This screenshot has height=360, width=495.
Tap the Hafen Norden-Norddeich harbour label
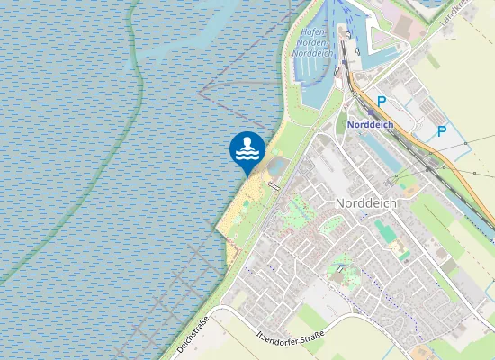(311, 42)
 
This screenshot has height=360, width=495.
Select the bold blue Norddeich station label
(370, 125)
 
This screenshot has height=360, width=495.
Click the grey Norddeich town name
(366, 203)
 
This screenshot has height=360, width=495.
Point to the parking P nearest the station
(382, 102)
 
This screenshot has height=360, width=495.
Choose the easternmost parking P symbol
(442, 131)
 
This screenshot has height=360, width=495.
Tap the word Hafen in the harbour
(312, 31)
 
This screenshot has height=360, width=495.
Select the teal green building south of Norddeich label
(386, 231)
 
